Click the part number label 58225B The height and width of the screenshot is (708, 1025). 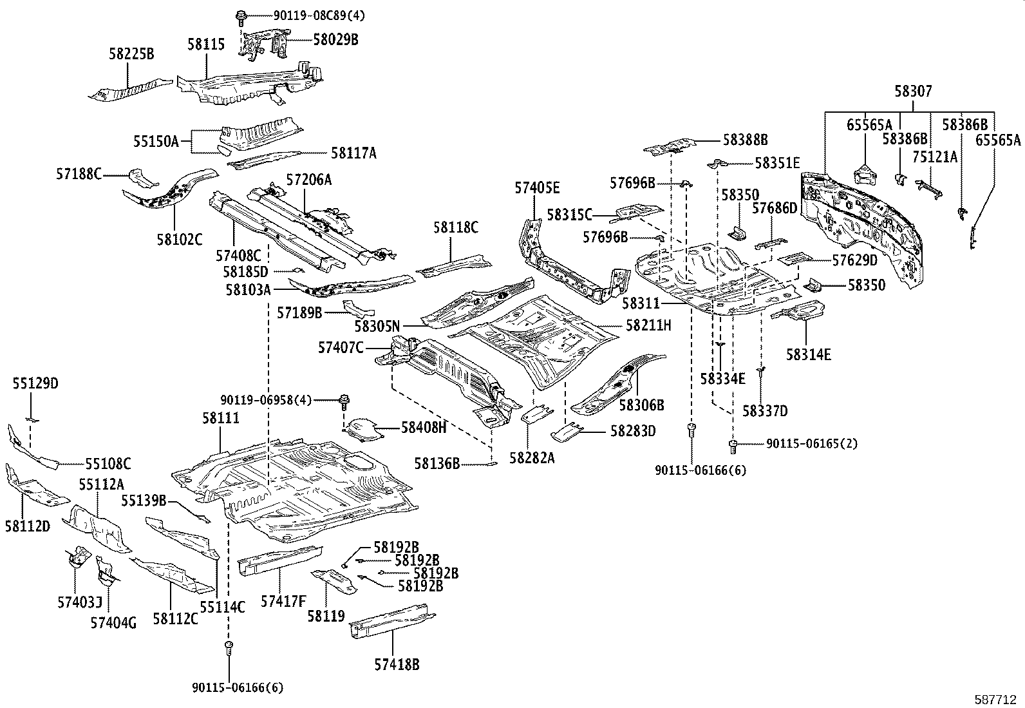pos(131,54)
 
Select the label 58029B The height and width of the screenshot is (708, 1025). pos(336,40)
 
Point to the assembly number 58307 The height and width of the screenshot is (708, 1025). pos(914,91)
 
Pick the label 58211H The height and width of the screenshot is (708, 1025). pos(648,325)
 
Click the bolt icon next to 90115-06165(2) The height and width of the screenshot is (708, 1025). pos(733,446)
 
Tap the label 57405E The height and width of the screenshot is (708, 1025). pos(537,187)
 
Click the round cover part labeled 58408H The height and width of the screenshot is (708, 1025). pos(362,430)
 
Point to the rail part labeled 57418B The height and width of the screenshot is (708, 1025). pos(393,620)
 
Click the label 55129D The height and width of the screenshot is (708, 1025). pos(35,383)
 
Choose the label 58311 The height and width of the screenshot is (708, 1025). pos(641,303)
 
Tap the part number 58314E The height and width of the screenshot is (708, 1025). pos(809,354)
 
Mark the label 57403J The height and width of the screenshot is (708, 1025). pos(80,603)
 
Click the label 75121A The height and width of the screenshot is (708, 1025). pos(935,157)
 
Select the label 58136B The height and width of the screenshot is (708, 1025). pos(437,463)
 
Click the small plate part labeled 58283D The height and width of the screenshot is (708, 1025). pos(567,433)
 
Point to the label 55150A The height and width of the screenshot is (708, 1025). pos(156,141)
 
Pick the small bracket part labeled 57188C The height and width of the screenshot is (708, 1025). pos(142,178)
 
